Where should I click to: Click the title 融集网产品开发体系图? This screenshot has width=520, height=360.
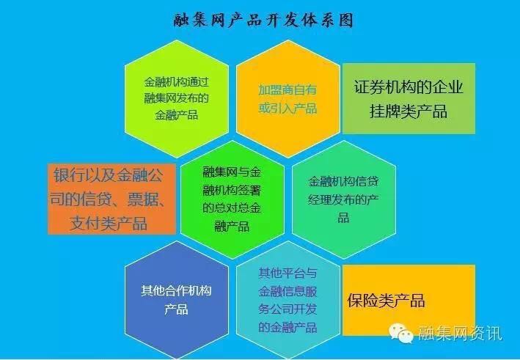pos(263,21)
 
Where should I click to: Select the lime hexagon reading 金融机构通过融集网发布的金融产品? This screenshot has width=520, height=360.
pos(177,98)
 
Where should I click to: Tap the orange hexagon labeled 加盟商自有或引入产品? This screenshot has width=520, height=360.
pos(288,98)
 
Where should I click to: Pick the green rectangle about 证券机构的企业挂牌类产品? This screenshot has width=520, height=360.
pos(409,98)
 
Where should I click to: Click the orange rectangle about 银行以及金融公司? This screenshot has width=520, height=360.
pos(111,199)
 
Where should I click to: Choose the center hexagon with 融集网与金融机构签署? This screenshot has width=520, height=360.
pos(232,199)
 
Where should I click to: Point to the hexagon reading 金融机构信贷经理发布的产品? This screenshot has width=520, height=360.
pos(343,199)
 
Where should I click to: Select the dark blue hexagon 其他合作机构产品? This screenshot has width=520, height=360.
pos(177,300)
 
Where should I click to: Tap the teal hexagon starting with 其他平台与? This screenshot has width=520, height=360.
pos(288,300)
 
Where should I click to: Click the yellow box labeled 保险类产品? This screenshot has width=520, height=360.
pos(409,300)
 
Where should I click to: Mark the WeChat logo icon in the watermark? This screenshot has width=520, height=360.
pos(401,333)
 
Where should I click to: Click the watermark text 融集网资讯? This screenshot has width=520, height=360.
pos(460,333)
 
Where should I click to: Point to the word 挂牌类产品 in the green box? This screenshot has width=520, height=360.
pos(409,111)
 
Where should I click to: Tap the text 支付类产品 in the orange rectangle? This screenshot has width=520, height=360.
pos(109,223)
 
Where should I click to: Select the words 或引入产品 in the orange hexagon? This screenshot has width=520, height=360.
pos(288,108)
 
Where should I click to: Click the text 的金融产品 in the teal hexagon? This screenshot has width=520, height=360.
pos(288,327)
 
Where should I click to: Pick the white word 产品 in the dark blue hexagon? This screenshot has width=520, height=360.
pos(177,309)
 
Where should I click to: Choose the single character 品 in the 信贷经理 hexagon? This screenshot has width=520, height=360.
pos(343,218)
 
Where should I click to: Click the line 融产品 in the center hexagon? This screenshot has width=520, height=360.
pos(232,227)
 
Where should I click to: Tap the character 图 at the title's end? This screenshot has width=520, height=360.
pos(346,21)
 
